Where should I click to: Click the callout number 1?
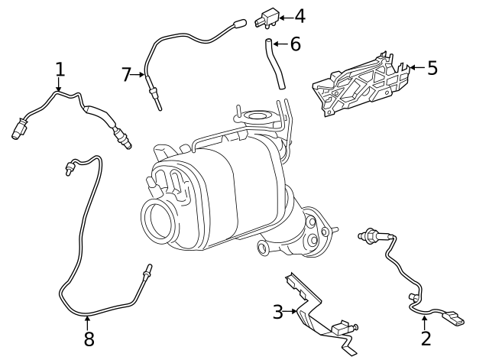[60, 70]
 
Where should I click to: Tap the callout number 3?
[278, 311]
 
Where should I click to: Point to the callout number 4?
[299, 15]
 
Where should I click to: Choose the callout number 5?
[432, 68]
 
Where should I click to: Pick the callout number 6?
[294, 44]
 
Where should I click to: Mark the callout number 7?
[127, 74]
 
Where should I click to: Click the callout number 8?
[89, 339]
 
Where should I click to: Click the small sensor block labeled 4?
[268, 17]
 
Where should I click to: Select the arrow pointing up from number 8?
[89, 321]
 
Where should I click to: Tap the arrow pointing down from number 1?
[60, 86]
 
